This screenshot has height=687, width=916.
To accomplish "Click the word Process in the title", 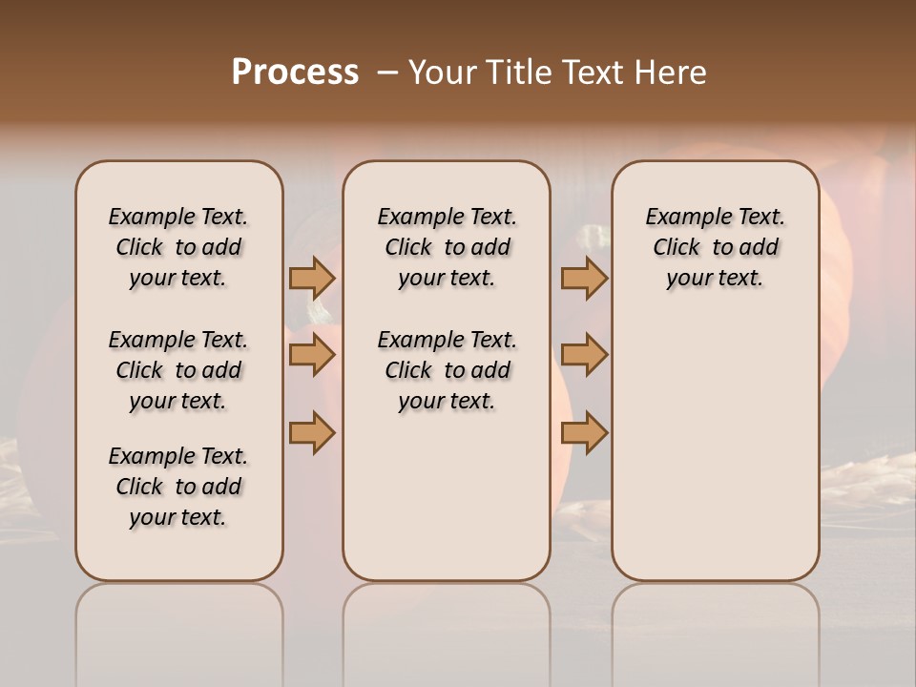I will coord(295,73).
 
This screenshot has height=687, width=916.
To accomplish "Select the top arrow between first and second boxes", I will coord(312,278).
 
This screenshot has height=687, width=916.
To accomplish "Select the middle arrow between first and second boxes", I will coord(312,356).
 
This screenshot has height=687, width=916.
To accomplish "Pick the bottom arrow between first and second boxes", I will coord(312,433).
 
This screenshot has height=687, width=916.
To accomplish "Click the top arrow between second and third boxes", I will coord(584,278).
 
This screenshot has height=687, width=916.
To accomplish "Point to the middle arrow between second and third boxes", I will coord(584,356).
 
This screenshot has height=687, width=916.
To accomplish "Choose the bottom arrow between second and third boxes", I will coord(584,433).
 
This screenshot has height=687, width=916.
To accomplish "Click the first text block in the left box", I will coord(178,247).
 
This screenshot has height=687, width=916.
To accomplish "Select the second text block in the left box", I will coord(178,370).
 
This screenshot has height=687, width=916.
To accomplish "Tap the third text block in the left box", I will coord(178,487).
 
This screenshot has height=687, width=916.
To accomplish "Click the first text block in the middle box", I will coord(447,247).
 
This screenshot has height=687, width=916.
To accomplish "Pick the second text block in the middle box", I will coord(447,370).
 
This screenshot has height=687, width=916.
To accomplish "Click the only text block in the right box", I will coord(716,247).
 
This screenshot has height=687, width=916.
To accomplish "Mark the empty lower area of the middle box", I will coord(447,496).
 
